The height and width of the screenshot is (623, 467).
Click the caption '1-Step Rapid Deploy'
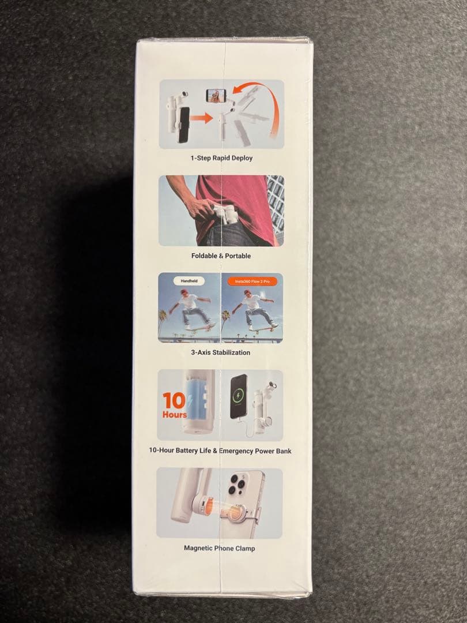pyautogui.click(x=221, y=158)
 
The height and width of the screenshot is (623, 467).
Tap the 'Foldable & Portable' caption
pyautogui.click(x=221, y=256)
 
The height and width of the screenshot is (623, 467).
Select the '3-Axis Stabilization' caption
pyautogui.click(x=220, y=352)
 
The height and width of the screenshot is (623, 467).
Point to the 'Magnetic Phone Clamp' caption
pyautogui.click(x=219, y=549)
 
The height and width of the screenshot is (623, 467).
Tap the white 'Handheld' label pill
pyautogui.click(x=189, y=281)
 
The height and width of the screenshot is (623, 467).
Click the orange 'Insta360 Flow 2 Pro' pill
pyautogui.click(x=252, y=282)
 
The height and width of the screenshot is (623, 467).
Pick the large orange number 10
pyautogui.click(x=174, y=401)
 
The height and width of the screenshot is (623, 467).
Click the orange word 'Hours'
pyautogui.click(x=174, y=414)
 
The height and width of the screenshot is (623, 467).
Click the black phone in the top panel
pyautogui.click(x=184, y=125)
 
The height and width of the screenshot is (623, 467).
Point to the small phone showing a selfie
pyautogui.click(x=216, y=96)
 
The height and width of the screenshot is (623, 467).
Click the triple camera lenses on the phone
pyautogui.click(x=238, y=485)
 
